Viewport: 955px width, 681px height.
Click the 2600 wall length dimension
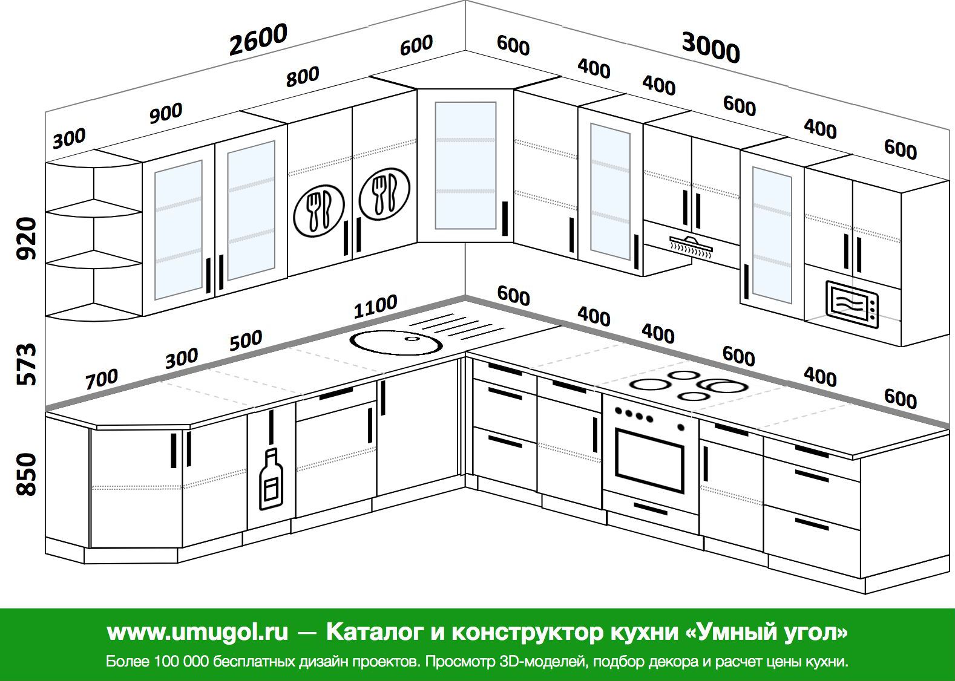point(258,39)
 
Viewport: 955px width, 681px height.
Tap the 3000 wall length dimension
point(711,48)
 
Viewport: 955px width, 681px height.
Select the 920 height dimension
point(26,238)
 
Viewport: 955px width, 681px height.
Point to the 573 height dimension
point(26,364)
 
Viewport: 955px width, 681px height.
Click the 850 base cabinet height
point(26,474)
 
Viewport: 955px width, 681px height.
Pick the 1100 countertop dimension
point(376,307)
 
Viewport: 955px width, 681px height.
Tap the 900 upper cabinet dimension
point(166,113)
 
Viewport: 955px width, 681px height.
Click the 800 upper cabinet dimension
point(303,77)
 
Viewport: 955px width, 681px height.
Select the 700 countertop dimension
point(102,379)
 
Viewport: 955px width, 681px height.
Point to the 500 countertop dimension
point(246,340)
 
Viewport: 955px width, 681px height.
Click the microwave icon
point(852,304)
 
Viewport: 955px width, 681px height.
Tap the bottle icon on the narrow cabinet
point(271,479)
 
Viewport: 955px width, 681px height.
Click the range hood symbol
point(691,247)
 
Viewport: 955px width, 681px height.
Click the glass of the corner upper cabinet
point(465,165)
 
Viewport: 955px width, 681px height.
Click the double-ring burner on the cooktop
point(723,386)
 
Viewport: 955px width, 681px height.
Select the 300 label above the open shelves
point(69,138)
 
